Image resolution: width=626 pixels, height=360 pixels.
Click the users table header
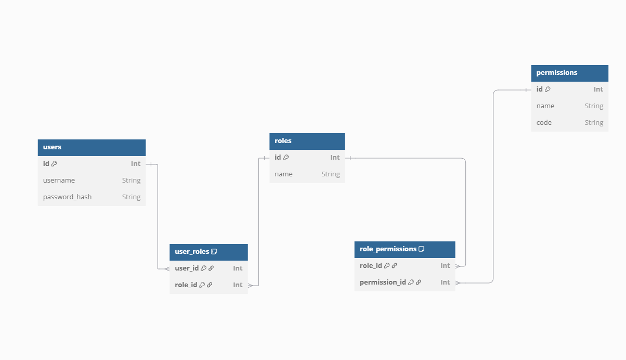[92, 147]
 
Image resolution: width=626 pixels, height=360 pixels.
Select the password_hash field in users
[67, 197]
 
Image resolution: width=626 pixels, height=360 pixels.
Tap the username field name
[59, 181]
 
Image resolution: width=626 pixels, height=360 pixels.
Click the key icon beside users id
[55, 164]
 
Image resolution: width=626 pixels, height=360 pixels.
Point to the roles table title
[283, 141]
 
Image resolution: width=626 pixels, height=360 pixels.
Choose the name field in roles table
[283, 174]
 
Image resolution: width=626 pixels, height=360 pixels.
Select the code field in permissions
[544, 123]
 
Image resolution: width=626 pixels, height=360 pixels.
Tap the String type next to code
[594, 123]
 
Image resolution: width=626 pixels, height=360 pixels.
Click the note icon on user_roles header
[214, 252]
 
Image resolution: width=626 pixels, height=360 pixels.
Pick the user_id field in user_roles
[187, 268]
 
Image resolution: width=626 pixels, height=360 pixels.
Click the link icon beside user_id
[211, 268]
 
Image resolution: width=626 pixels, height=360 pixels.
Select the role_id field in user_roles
[186, 285]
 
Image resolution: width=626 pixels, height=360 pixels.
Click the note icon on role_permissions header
[422, 249]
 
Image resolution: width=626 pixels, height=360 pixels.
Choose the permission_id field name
[383, 282]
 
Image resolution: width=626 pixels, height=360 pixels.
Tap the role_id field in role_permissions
[371, 266]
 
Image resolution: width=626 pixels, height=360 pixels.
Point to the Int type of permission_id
[445, 282]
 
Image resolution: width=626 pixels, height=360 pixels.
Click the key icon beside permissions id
[547, 89]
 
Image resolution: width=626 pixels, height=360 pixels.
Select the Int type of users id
[136, 164]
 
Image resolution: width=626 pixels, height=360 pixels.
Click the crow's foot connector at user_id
[166, 268]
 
